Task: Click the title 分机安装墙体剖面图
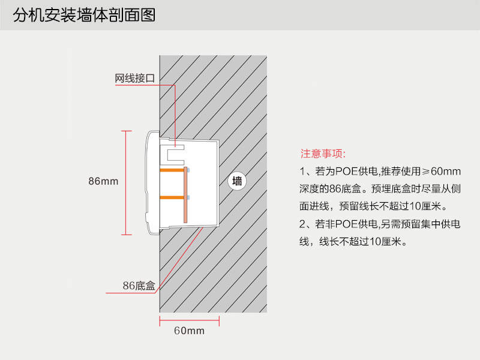(x=84, y=15)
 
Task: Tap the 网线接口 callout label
(x=135, y=79)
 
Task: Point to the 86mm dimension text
(x=103, y=181)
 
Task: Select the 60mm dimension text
(x=189, y=331)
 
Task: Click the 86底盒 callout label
(x=139, y=286)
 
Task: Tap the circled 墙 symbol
(x=238, y=181)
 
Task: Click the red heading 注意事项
(x=323, y=154)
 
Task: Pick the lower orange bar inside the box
(x=172, y=197)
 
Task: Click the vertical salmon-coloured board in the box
(x=186, y=194)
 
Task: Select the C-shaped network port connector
(x=175, y=153)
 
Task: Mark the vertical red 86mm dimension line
(x=125, y=182)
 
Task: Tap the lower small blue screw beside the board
(x=189, y=197)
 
